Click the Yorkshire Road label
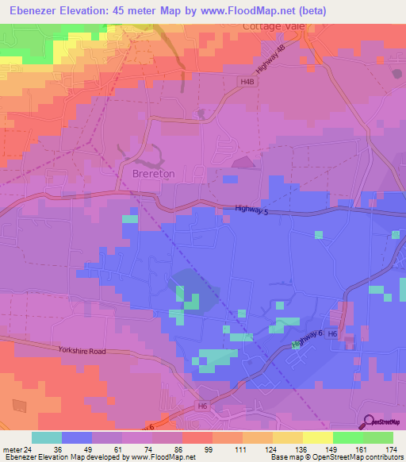[x=81, y=350]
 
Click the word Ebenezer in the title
[x=38, y=10]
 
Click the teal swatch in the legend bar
[x=47, y=437]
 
